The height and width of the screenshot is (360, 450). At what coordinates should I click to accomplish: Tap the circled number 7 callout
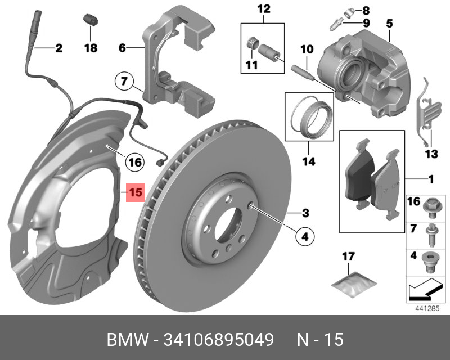click(125, 82)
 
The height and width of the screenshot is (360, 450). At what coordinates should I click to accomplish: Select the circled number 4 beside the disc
click(304, 237)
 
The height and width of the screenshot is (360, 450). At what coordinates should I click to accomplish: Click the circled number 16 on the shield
click(133, 163)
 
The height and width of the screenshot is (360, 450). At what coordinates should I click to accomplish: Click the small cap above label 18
click(89, 19)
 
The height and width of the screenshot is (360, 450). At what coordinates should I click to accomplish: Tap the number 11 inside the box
click(251, 65)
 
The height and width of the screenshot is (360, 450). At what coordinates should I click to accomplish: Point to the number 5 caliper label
click(389, 24)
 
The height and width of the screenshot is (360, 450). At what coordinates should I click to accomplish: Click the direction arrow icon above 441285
click(423, 290)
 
